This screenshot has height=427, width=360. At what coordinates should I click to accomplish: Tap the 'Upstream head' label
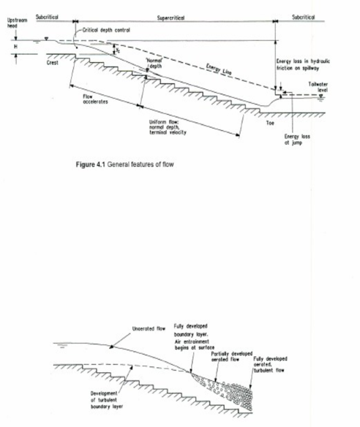[18, 23]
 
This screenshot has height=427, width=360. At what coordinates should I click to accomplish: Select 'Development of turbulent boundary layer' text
[94, 401]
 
